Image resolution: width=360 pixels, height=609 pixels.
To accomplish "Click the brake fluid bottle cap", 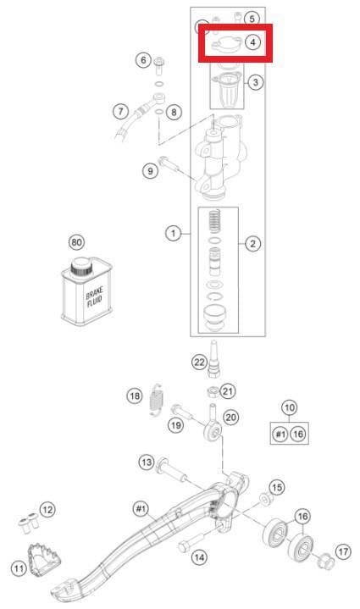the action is (81, 267).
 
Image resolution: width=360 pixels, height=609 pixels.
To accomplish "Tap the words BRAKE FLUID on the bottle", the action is (94, 296).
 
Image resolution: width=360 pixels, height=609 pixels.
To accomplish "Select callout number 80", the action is (76, 242).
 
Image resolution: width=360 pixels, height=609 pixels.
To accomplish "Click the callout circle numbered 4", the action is (252, 42).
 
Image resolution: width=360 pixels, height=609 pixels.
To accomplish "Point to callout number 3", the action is (255, 82).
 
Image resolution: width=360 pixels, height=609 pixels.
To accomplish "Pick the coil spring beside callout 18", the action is (157, 399).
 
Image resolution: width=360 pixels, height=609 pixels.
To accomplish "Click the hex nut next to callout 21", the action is (213, 390).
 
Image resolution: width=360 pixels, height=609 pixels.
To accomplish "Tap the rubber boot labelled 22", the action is (213, 359).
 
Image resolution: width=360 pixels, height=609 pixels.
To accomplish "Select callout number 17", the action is (343, 551).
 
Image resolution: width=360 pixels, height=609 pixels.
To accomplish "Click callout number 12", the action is (47, 509).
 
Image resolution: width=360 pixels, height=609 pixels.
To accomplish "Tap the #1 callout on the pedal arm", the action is (141, 508).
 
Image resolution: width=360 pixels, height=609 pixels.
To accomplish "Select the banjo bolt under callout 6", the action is (159, 65).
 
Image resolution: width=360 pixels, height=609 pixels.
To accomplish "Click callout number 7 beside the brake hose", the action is (121, 112).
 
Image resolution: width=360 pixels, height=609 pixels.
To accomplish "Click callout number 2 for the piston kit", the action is (252, 244).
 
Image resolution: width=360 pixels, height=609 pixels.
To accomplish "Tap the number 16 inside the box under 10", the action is (298, 434).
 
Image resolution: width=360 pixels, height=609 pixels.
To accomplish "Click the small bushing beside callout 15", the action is (266, 498).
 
